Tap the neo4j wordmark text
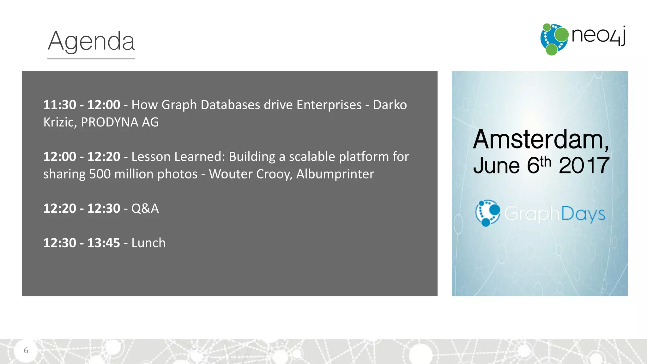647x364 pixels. point(598,36)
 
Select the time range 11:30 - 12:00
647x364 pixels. point(82,105)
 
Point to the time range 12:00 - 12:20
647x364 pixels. point(82,157)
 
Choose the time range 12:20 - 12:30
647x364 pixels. point(82,209)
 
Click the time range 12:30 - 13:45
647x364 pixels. point(82,243)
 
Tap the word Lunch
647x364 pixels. point(148,243)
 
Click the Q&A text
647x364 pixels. point(145,209)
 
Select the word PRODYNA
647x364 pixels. point(109,122)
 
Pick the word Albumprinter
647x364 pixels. point(335,174)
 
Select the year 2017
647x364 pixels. point(584,166)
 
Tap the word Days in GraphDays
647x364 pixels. point(583,215)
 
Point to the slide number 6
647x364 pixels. point(26,350)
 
